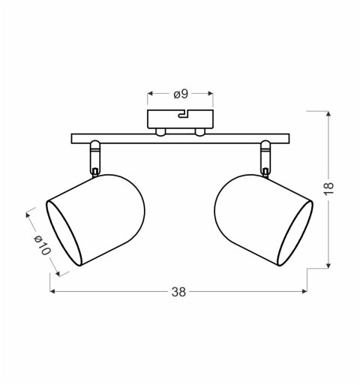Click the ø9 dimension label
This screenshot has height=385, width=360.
pos(180,94)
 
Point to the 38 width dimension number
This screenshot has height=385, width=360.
pos(178,291)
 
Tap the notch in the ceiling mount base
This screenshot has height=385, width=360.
pos(181,116)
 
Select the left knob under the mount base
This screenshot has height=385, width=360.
pos(160,132)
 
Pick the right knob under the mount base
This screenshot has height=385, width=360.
pos(199,132)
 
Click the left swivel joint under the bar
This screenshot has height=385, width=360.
pos(94,158)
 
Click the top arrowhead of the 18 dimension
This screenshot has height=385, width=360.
pos(328,113)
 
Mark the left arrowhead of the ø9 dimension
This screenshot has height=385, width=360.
pos(150,94)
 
